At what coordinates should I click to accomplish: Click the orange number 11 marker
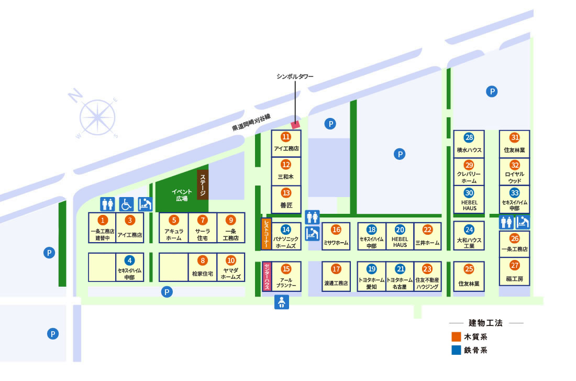coord(286,137)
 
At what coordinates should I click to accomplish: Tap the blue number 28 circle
coord(469,137)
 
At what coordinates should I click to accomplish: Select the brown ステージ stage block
coord(203,184)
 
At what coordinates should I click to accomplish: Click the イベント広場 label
coord(182,195)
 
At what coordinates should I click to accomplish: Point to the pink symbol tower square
coord(295,125)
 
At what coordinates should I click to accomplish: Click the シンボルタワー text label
coord(295,77)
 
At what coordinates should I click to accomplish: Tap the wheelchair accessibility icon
coord(126,204)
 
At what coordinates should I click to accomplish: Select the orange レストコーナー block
coord(267,234)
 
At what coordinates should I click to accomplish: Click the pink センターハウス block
coord(267,276)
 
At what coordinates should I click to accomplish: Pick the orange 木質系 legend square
coord(456,336)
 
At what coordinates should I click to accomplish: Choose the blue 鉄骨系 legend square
coord(456,350)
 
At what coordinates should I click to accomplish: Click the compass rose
coord(97,117)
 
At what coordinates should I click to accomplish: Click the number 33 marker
coord(514,193)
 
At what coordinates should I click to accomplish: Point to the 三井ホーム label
coord(427,243)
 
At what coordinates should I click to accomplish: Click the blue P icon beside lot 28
coord(492,91)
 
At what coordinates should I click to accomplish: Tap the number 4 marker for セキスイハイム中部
coord(129,260)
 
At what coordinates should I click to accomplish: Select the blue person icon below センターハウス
coord(281,302)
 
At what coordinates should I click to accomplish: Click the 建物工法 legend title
coord(485,323)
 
